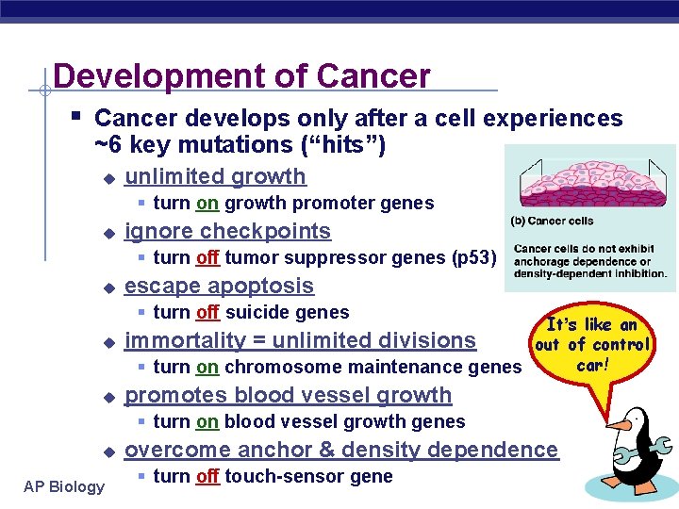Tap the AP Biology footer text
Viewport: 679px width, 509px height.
click(64, 486)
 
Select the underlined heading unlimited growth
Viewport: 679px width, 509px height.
click(215, 176)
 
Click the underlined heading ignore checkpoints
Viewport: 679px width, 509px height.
click(227, 231)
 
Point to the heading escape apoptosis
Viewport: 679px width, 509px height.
click(219, 286)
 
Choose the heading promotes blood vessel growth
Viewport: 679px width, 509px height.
click(288, 395)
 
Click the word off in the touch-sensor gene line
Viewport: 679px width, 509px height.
click(207, 476)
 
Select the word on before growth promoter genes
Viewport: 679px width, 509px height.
click(207, 203)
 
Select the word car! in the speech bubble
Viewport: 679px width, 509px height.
click(593, 365)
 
